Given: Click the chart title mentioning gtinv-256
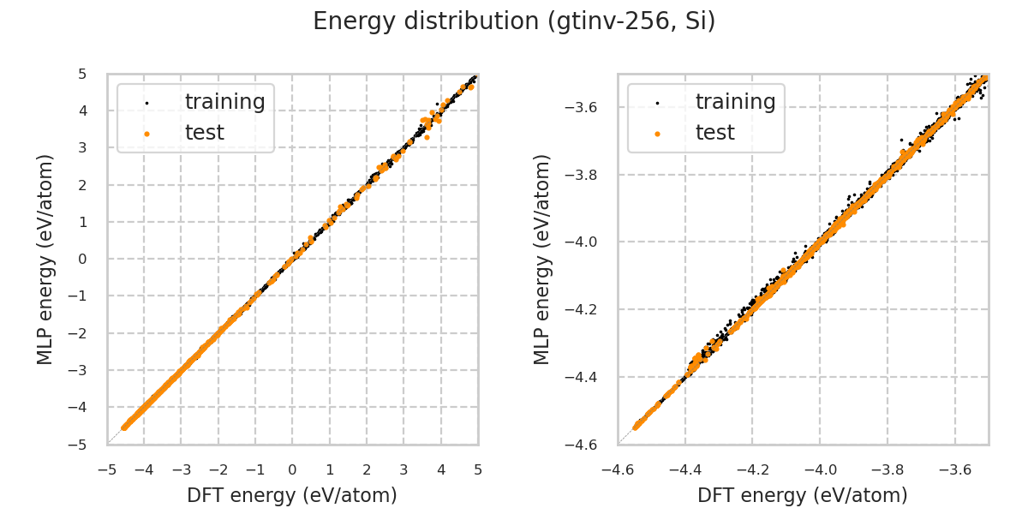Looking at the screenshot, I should [x=514, y=21].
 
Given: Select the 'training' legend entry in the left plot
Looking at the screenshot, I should [x=224, y=102].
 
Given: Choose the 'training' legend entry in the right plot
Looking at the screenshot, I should [x=735, y=102].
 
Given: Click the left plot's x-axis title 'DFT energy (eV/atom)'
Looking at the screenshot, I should [x=292, y=495].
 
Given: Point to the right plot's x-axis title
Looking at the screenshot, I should [x=803, y=495].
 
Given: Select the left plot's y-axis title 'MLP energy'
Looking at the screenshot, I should [x=45, y=259].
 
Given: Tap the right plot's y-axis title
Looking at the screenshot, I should [x=542, y=259].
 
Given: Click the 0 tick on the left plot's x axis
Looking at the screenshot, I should [x=292, y=469].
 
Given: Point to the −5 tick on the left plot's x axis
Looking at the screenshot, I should [x=107, y=469].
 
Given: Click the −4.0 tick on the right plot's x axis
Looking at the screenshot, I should [x=820, y=469].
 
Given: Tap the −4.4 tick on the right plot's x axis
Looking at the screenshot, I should [x=684, y=469].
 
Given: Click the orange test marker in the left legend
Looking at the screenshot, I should [x=146, y=134].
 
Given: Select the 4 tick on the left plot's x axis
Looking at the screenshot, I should [x=440, y=469].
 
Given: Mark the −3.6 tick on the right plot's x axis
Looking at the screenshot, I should [x=954, y=469].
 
